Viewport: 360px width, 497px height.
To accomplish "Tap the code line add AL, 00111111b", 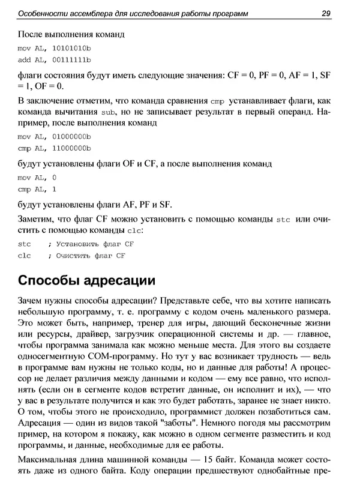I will [x=54, y=60].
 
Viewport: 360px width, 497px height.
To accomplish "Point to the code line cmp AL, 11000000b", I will [x=54, y=148].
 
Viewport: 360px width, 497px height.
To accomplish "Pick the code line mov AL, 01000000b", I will [x=54, y=136].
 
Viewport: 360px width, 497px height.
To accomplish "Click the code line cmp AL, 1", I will [x=37, y=189].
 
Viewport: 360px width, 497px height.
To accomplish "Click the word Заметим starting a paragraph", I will [x=36, y=220].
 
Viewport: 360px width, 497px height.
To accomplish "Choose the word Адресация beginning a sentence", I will [x=40, y=423].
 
